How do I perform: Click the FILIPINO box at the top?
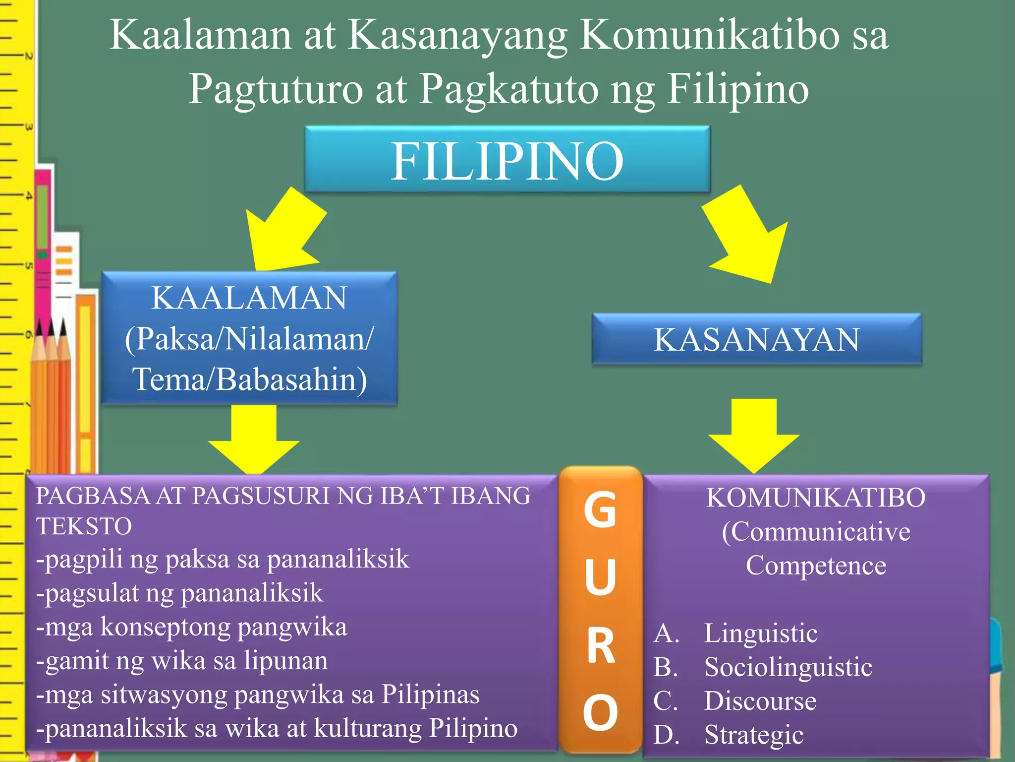(x=507, y=160)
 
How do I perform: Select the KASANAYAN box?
(x=756, y=340)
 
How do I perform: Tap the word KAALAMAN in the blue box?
(x=249, y=298)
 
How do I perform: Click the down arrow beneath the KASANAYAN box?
(x=754, y=435)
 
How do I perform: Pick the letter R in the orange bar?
(x=601, y=645)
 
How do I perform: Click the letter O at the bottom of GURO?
(x=600, y=712)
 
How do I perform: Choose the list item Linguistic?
(x=761, y=634)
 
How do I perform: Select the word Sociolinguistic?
(x=788, y=667)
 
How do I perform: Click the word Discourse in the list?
(x=760, y=701)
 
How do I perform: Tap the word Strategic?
(x=754, y=735)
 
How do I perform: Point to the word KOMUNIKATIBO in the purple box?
(x=816, y=498)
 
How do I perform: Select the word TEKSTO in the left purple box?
(x=84, y=526)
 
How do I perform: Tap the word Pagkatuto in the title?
(x=508, y=89)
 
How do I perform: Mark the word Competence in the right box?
(x=816, y=566)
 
